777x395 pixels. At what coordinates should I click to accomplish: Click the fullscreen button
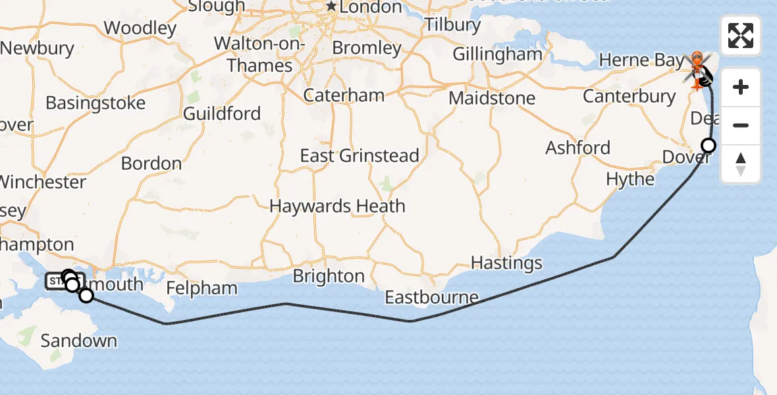tap(741, 36)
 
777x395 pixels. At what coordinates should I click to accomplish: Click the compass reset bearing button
tap(741, 164)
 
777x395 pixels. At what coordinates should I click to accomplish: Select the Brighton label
tap(329, 276)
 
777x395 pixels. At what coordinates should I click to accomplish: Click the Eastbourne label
tap(432, 298)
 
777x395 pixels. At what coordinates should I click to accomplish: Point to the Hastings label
tap(506, 263)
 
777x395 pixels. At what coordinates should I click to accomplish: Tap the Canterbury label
tap(630, 97)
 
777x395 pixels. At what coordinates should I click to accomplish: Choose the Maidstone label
tap(492, 98)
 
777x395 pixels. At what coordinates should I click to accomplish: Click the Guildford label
tap(222, 113)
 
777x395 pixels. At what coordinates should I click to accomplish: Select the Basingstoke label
tap(95, 103)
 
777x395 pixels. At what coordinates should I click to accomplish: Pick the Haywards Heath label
tap(337, 206)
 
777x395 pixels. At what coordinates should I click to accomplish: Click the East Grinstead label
tap(360, 156)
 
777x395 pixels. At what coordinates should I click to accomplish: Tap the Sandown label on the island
tap(78, 341)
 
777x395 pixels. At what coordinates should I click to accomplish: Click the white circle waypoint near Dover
tap(709, 145)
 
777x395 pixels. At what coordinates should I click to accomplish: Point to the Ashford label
tap(578, 147)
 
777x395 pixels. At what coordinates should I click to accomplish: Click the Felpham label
tap(201, 288)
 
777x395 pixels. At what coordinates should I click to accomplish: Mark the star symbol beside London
tap(331, 7)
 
